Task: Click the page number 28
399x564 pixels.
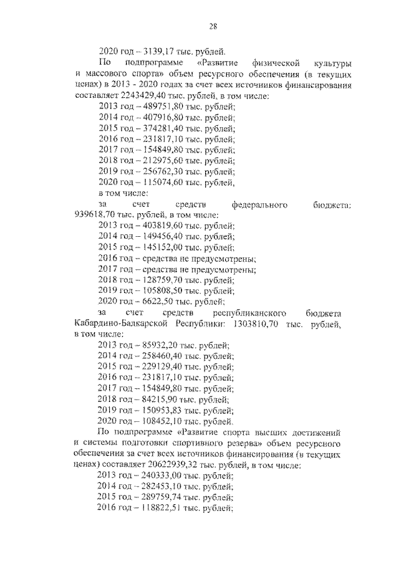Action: point(213,26)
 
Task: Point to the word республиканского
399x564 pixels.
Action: point(249,311)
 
